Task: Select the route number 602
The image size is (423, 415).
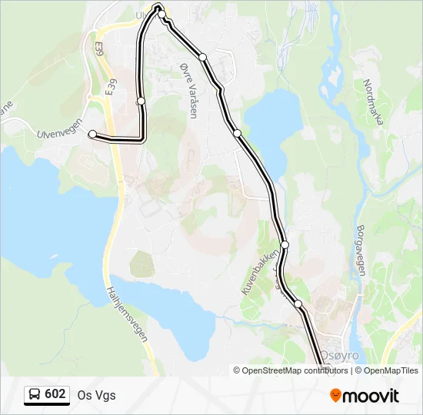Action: click(x=55, y=394)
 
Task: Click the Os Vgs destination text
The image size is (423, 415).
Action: click(x=96, y=395)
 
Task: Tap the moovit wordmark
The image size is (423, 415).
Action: click(x=371, y=396)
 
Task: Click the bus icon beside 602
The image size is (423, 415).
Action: click(x=35, y=395)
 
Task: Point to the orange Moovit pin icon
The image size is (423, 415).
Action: click(x=335, y=396)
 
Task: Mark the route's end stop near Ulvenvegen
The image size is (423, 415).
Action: click(x=93, y=134)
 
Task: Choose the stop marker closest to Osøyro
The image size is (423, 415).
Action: click(x=298, y=304)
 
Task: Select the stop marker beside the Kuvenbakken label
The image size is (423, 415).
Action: click(x=285, y=244)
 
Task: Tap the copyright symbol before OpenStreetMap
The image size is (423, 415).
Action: click(x=237, y=370)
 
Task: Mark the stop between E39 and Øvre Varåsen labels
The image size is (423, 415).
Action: click(x=141, y=101)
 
